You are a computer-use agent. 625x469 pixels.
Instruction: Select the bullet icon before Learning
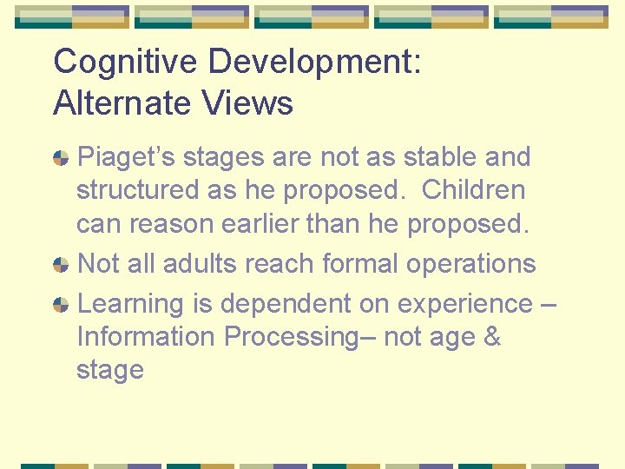tap(61, 305)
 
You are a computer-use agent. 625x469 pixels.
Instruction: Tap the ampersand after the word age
tap(491, 336)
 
